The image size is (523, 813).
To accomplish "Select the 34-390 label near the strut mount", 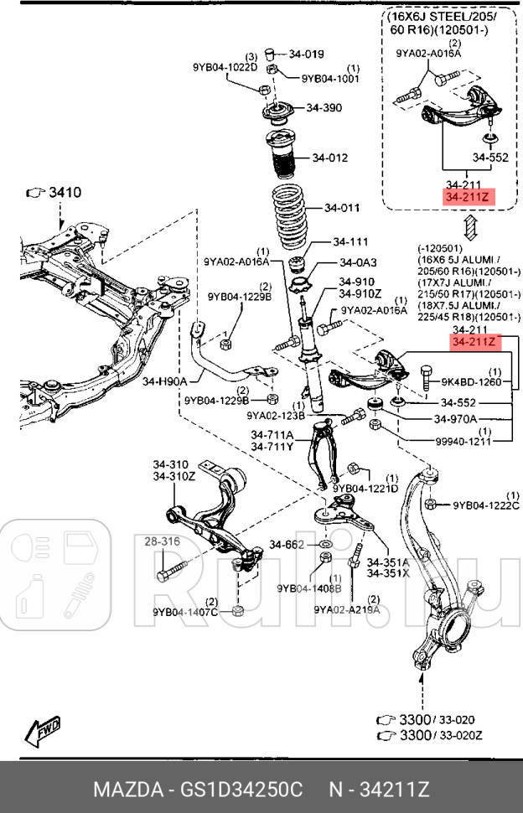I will click(x=324, y=108).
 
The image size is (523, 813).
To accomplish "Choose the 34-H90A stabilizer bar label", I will click(x=164, y=381).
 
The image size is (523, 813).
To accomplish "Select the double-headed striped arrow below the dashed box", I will click(x=470, y=227).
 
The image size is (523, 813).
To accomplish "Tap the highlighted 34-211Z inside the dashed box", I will click(x=470, y=198).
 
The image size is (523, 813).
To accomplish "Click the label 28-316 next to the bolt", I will click(x=162, y=542).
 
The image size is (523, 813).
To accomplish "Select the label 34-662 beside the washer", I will click(x=287, y=545).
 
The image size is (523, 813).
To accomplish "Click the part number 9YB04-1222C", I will click(x=486, y=505).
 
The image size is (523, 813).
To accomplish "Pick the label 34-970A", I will click(x=455, y=418).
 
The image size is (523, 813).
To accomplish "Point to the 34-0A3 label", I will click(x=358, y=262).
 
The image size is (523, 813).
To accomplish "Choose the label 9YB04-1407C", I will click(x=185, y=612).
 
